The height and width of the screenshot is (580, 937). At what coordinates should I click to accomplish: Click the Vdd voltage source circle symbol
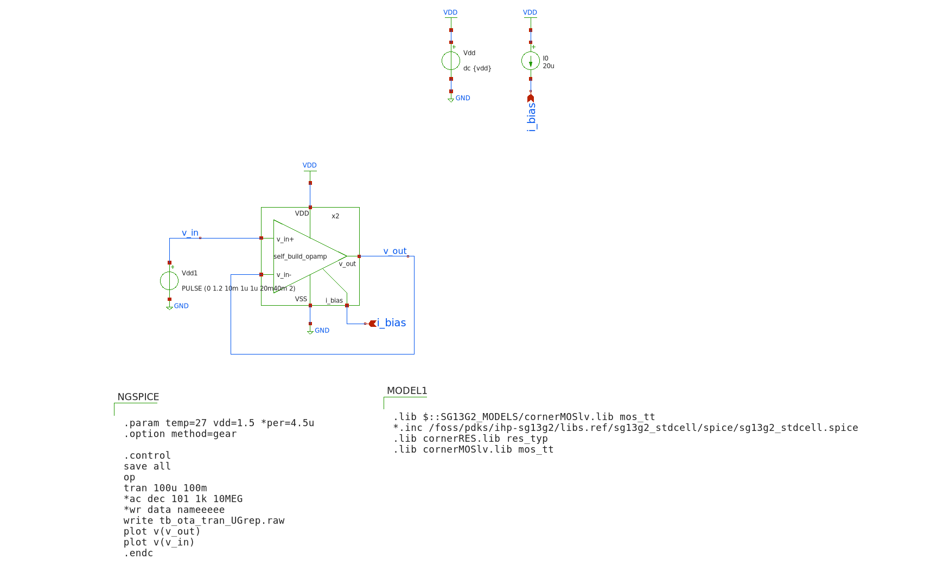pyautogui.click(x=450, y=61)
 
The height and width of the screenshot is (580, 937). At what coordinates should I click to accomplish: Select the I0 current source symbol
pyautogui.click(x=531, y=61)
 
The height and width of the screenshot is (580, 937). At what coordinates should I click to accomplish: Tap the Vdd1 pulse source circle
pyautogui.click(x=169, y=281)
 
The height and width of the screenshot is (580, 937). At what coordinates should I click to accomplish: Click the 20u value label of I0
pyautogui.click(x=549, y=66)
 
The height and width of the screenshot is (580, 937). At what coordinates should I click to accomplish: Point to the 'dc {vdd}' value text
pyautogui.click(x=477, y=68)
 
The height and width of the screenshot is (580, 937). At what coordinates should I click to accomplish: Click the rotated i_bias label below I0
pyautogui.click(x=531, y=117)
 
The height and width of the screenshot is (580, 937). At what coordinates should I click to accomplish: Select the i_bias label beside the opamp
pyautogui.click(x=391, y=323)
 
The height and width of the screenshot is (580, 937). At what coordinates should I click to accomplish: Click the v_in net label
pyautogui.click(x=190, y=233)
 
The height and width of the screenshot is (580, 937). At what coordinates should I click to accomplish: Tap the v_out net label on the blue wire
pyautogui.click(x=394, y=251)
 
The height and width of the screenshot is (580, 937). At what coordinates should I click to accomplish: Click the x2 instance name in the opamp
pyautogui.click(x=335, y=216)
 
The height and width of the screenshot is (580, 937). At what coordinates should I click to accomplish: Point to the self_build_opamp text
pyautogui.click(x=300, y=256)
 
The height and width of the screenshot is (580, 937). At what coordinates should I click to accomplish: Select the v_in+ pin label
pyautogui.click(x=285, y=239)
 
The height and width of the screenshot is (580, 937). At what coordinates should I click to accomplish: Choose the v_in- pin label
pyautogui.click(x=284, y=275)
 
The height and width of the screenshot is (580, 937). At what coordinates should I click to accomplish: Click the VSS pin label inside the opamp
pyautogui.click(x=301, y=299)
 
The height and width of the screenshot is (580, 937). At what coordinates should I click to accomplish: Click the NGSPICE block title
pyautogui.click(x=138, y=397)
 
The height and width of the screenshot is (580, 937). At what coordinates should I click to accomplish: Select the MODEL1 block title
pyautogui.click(x=407, y=391)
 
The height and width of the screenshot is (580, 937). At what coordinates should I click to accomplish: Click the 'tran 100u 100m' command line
pyautogui.click(x=165, y=488)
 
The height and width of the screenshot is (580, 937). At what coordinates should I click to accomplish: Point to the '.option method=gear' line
pyautogui.click(x=180, y=434)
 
